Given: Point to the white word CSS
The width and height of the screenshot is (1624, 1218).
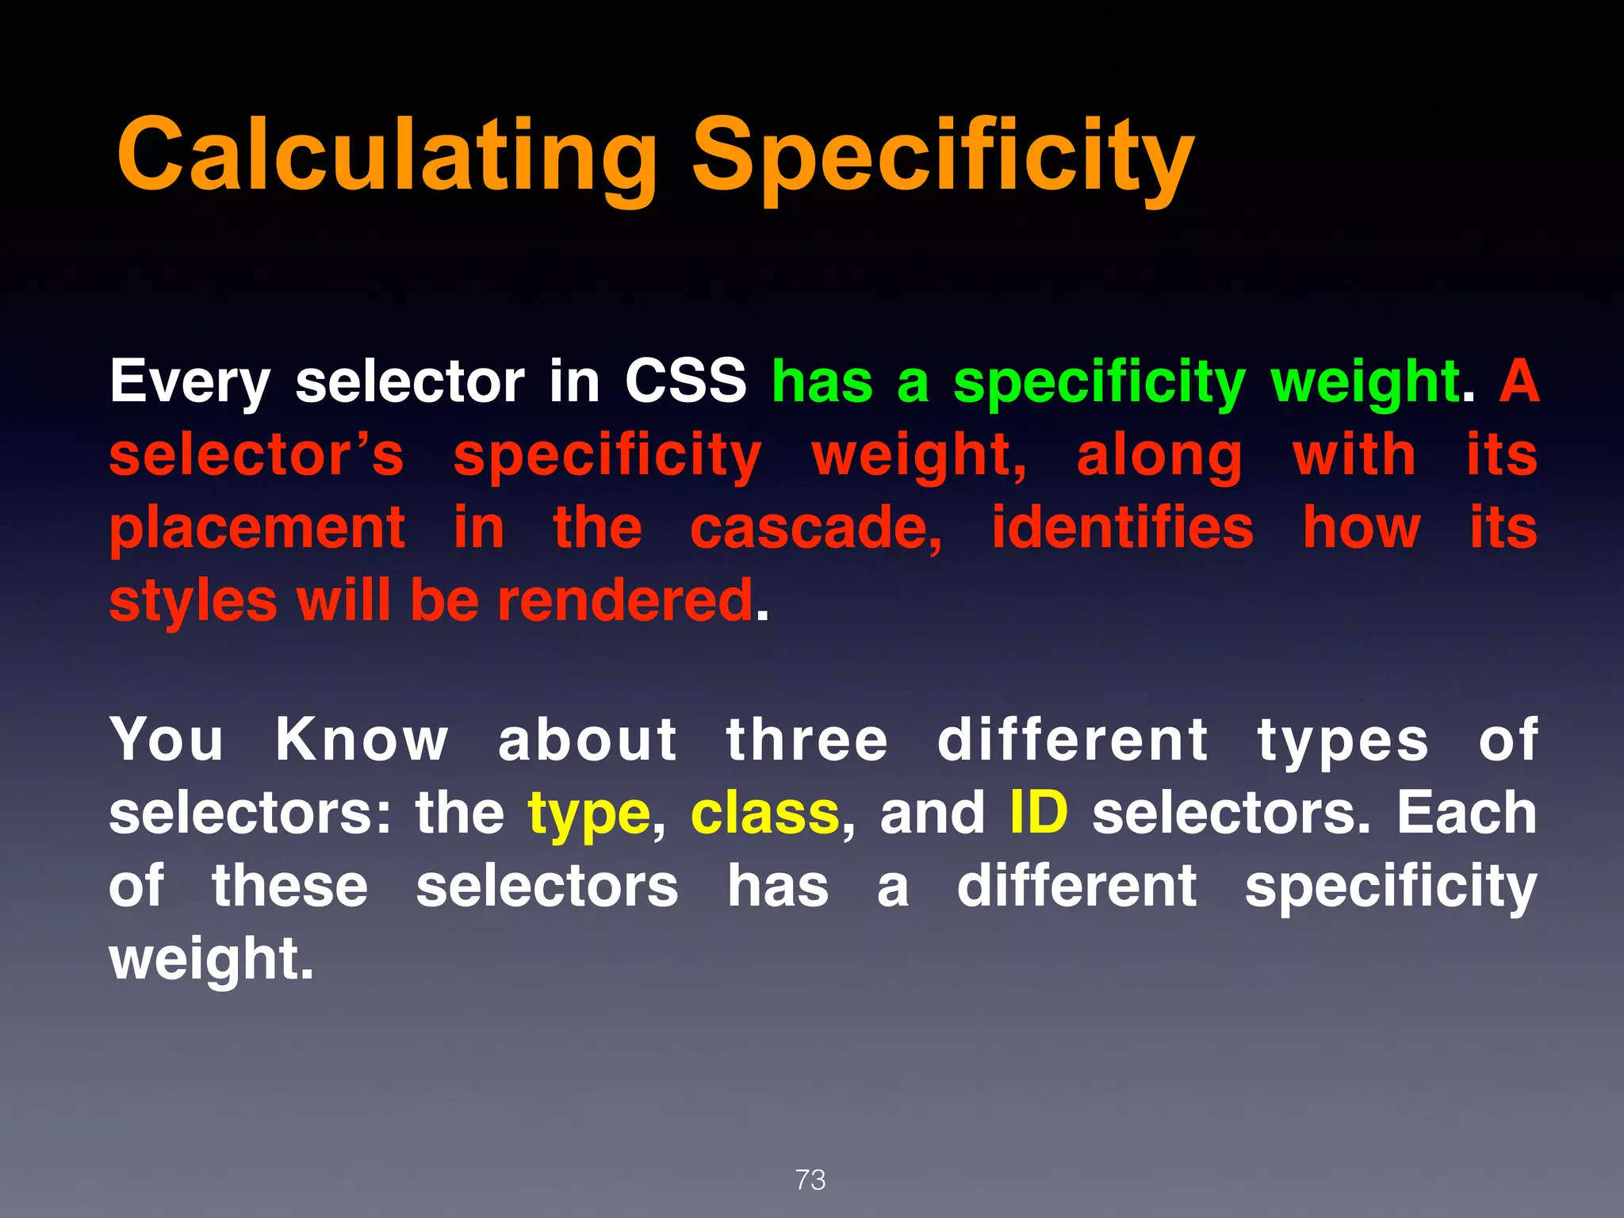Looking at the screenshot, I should click(x=685, y=381).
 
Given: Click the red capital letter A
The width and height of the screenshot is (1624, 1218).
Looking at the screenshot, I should click(x=1519, y=381).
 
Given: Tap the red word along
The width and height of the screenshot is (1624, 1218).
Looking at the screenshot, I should click(x=1159, y=457).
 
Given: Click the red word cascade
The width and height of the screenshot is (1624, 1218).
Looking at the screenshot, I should click(x=816, y=530).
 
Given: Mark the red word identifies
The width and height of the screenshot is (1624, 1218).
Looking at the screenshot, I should click(x=1123, y=528).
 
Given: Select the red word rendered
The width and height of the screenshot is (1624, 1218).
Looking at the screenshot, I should click(x=625, y=601).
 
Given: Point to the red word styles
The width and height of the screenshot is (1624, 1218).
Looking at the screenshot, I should click(x=193, y=601).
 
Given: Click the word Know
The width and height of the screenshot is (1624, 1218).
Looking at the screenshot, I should click(x=362, y=741).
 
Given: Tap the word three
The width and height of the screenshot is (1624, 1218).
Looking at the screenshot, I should click(x=806, y=741).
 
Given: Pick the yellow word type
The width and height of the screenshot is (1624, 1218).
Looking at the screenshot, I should click(x=589, y=815).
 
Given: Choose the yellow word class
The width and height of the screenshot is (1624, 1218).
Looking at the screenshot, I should click(x=764, y=814).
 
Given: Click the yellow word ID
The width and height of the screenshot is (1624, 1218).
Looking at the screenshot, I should click(x=1039, y=814).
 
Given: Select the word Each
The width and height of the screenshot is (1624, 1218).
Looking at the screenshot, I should click(x=1466, y=814).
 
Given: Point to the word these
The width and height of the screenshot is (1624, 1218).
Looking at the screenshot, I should click(x=289, y=887).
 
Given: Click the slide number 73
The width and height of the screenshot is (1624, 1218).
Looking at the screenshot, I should click(x=810, y=1180).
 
